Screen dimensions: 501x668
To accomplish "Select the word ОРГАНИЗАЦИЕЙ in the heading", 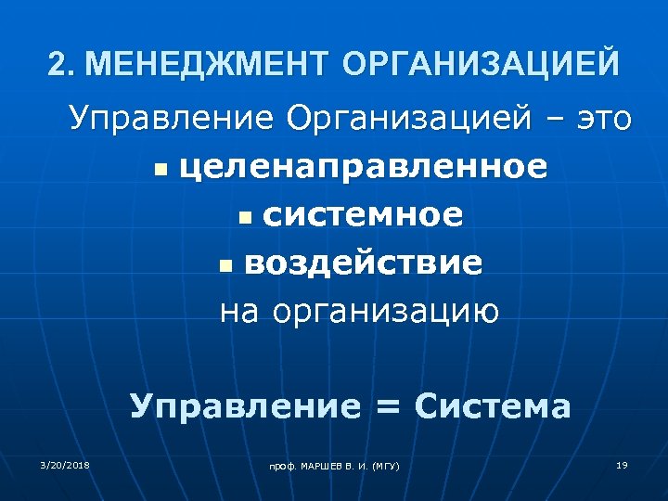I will (x=480, y=65).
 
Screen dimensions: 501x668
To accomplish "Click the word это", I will (x=599, y=120).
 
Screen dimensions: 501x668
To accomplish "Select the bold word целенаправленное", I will (x=363, y=168).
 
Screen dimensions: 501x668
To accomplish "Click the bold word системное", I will (x=363, y=215).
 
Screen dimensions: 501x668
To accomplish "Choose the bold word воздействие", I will (x=364, y=263).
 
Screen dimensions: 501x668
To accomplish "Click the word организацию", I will (x=385, y=312).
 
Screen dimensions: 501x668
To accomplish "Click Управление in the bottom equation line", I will (x=243, y=406).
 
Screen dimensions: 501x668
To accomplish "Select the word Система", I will (x=493, y=406).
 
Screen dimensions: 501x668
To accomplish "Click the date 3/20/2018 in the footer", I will (x=64, y=464).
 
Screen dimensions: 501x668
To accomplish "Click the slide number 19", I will (x=622, y=464).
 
